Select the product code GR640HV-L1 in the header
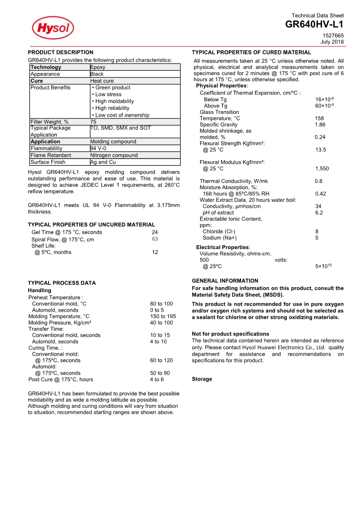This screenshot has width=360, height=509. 314,24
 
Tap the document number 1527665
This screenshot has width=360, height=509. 333,35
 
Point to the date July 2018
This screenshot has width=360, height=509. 332,42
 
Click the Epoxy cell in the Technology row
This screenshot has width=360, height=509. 98,67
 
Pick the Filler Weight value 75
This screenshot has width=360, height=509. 93,122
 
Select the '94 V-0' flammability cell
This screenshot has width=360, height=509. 99,148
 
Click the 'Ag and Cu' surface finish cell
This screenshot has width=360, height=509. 103,162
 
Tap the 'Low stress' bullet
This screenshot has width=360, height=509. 108,94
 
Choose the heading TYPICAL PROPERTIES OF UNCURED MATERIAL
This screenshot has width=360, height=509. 91,225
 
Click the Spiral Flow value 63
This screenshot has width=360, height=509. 155,239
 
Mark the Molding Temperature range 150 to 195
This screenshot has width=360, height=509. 163,316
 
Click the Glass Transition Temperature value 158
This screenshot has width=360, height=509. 319,118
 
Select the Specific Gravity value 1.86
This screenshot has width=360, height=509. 320,124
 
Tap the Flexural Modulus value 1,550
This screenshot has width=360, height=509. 322,169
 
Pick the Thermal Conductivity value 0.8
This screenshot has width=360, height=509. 319,181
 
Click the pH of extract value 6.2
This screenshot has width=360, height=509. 319,212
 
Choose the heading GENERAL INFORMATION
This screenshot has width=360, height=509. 225,281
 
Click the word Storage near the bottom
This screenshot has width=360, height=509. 202,379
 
